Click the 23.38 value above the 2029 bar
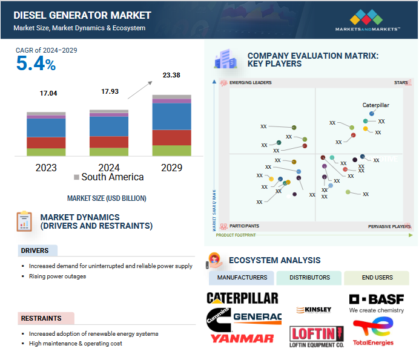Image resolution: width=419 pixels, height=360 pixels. point(171,76)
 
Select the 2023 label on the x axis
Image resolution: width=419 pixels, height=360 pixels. point(46,168)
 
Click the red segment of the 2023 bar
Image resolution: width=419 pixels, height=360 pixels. point(46,143)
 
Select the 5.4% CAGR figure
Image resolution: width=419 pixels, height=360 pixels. point(36,64)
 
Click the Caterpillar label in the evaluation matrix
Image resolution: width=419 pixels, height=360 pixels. point(375,105)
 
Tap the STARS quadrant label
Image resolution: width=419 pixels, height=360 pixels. point(401,82)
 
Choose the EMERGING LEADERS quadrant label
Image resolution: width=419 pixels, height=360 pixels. point(250,82)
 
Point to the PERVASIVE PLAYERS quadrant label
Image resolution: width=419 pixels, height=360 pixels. point(389,227)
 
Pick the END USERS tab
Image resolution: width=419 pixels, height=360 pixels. point(376,278)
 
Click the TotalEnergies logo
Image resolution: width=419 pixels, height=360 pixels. point(373,332)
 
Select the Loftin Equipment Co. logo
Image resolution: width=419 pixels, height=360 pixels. point(317,336)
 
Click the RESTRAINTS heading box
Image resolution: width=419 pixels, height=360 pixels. point(46,318)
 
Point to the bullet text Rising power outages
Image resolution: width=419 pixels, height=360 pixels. point(58,277)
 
